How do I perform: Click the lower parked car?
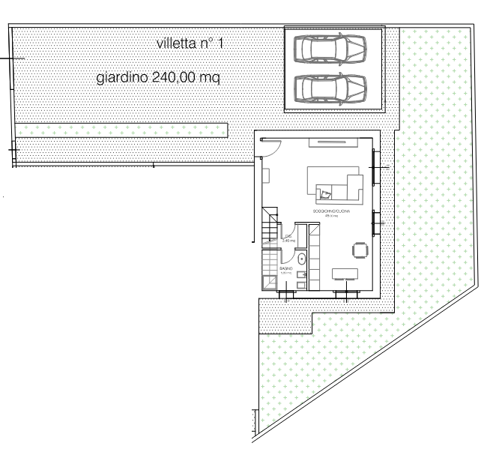(331, 88)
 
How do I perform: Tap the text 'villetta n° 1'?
(190, 45)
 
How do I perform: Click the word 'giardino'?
(124, 77)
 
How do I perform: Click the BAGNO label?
(285, 268)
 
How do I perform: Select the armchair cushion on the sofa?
(326, 193)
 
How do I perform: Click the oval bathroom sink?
(300, 259)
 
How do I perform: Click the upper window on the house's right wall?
(376, 166)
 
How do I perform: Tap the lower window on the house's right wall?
(376, 222)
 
